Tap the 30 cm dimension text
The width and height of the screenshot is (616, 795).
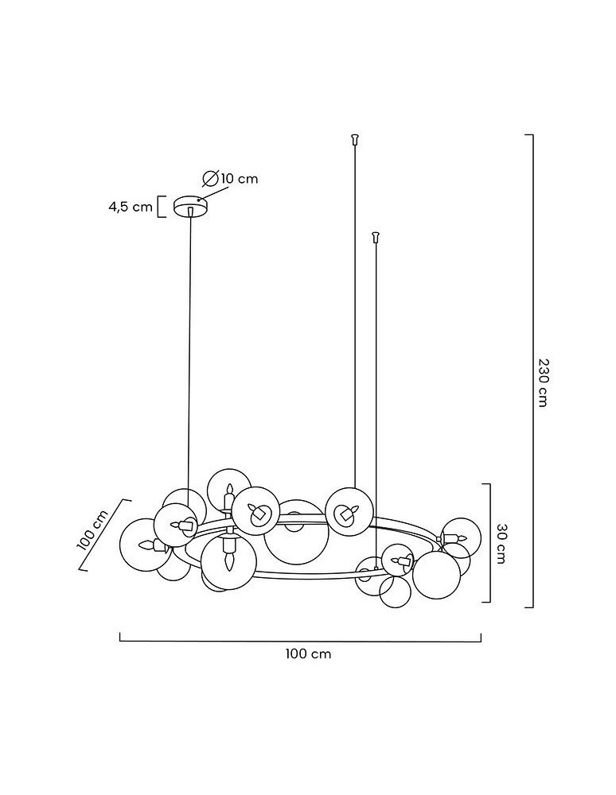pyautogui.click(x=501, y=543)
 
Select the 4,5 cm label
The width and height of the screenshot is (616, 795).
pyautogui.click(x=131, y=207)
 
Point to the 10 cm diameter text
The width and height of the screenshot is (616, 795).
pyautogui.click(x=239, y=179)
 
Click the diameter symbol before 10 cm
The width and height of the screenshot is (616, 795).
pyautogui.click(x=211, y=178)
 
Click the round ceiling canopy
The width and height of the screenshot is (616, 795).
pyautogui.click(x=190, y=206)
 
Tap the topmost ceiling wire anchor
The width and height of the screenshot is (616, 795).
pyautogui.click(x=355, y=140)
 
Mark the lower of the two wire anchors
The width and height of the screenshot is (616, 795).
pyautogui.click(x=376, y=235)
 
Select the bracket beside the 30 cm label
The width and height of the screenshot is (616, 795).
pyautogui.click(x=486, y=543)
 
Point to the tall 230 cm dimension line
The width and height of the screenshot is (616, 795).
pyautogui.click(x=532, y=370)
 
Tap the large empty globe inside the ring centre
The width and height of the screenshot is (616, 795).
pyautogui.click(x=296, y=533)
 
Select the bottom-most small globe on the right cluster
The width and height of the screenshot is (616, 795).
pyautogui.click(x=394, y=592)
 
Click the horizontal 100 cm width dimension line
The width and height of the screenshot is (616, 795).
pyautogui.click(x=300, y=638)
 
